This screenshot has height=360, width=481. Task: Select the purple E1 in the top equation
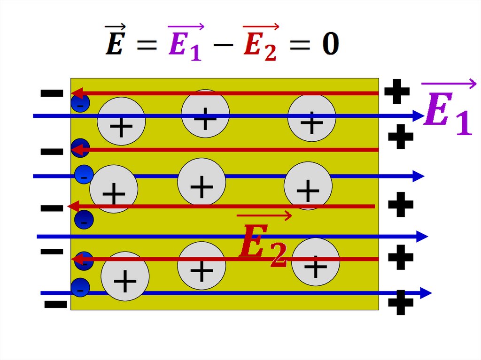point(186,42)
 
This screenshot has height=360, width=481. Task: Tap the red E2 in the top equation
point(261,42)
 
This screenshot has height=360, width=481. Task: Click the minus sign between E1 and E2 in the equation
point(223,45)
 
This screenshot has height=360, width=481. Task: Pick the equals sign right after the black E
point(147,45)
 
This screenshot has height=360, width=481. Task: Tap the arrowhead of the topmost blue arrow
point(419,116)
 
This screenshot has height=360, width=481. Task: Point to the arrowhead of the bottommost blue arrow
point(426,293)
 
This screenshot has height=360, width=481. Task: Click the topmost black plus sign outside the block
point(397,92)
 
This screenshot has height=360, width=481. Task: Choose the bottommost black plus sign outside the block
point(401,302)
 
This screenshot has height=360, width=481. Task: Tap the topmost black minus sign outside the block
point(52,93)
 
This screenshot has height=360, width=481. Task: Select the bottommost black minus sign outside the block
point(55,304)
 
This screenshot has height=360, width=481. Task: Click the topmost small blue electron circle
point(80,103)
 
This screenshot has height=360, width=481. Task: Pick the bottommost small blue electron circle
point(80,288)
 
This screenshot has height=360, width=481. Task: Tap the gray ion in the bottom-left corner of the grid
point(125,276)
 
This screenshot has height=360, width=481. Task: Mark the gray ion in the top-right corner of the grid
point(312,118)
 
